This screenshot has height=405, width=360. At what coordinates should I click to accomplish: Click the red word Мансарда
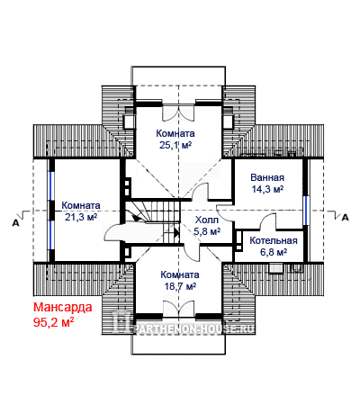[63, 308]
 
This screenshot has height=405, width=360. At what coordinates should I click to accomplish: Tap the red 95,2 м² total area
[54, 322]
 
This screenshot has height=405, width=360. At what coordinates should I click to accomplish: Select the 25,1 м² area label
[175, 145]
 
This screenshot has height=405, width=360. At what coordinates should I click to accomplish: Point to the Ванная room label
[267, 177]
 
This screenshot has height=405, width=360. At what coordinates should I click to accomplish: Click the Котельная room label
[274, 240]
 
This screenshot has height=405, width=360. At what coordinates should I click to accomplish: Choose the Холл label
[207, 220]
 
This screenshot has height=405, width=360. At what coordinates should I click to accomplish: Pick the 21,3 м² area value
[81, 217]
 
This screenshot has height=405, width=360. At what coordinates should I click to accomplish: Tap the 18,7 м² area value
[180, 286]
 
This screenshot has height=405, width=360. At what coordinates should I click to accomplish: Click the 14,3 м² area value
[267, 189]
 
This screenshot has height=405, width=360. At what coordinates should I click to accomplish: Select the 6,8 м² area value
[274, 252]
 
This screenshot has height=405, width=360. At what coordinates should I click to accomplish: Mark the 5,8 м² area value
[207, 231]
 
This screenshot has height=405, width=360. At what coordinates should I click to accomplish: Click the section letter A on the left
[15, 222]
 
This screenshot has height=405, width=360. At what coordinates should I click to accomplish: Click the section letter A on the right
[346, 218]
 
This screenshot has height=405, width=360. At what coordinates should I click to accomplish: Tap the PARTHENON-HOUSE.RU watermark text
[195, 329]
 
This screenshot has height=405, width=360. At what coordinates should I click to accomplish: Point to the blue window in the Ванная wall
[305, 211]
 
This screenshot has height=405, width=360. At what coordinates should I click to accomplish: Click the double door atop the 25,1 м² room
[178, 112]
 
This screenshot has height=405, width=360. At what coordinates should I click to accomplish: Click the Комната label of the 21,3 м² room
[81, 205]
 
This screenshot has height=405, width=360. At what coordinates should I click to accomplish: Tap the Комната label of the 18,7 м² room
[180, 274]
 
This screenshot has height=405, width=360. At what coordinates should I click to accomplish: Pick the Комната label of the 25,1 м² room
[175, 133]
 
